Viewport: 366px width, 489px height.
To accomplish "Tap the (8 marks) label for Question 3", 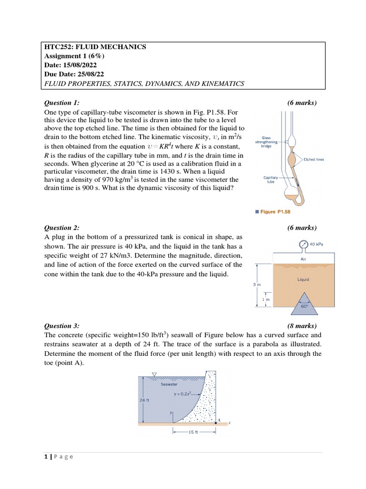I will point(302,326).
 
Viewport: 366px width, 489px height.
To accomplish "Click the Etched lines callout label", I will point(314,159).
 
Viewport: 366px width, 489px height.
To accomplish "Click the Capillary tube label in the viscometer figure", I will point(270,179).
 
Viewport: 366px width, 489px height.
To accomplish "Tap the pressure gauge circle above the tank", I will point(304,244).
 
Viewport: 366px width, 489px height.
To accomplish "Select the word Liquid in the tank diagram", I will point(303,279).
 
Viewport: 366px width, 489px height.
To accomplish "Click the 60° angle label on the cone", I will point(304,307).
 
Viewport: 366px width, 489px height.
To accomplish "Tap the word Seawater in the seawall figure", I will point(169,383).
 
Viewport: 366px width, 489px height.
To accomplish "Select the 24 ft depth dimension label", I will point(144,400).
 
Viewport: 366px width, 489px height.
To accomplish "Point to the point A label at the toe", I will point(219,420).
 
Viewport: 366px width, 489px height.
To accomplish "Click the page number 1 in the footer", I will point(46,456).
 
